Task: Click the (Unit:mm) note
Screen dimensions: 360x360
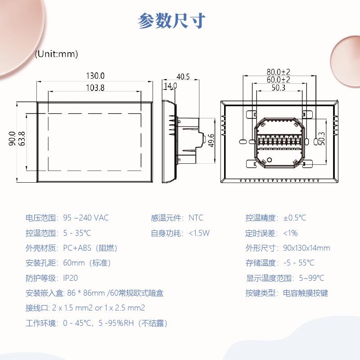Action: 57,54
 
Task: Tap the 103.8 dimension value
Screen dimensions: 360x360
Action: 95,88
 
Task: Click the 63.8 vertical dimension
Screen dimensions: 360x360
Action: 21,139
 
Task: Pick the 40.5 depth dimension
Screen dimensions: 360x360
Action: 183,76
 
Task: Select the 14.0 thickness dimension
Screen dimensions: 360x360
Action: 170,85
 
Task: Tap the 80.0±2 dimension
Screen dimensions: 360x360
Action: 278,72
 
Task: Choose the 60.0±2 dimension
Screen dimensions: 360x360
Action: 278,80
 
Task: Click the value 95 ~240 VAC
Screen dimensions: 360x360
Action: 85,218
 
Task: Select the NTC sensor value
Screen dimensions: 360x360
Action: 196,218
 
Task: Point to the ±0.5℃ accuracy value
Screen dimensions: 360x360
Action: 294,218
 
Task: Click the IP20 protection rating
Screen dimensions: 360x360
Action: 70,278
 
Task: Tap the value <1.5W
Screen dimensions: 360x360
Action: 199,233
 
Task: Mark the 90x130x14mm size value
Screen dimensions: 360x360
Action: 306,248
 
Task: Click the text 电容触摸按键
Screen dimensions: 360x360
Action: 306,293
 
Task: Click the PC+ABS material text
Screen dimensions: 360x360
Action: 77,248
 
